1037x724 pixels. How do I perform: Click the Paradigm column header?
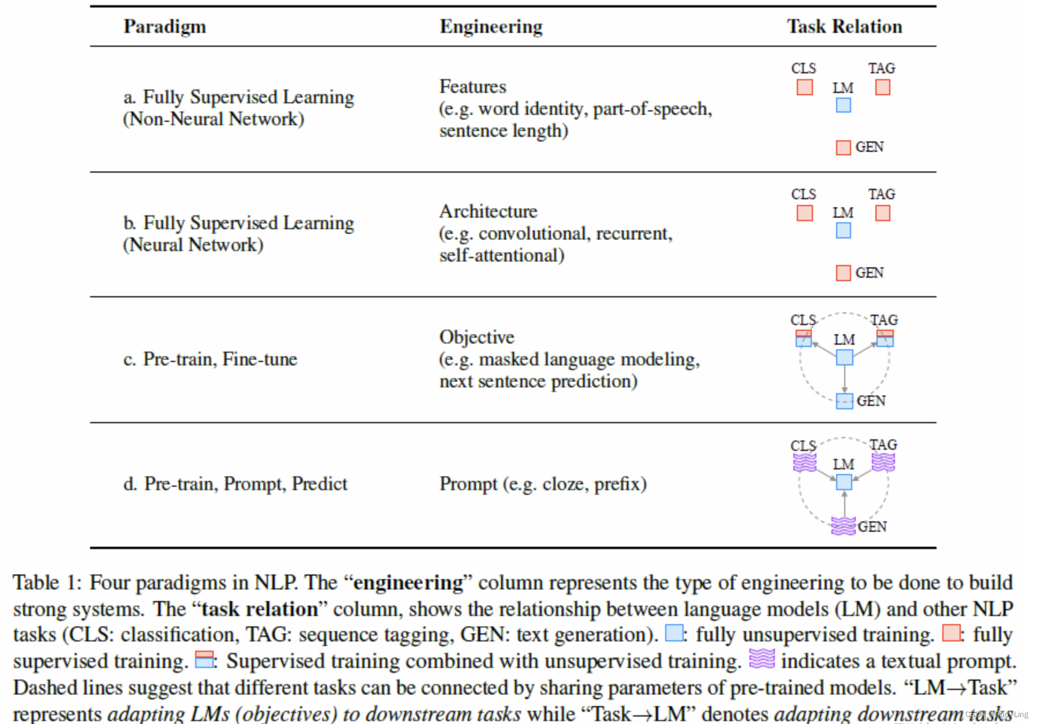165,27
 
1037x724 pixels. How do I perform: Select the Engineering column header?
491,27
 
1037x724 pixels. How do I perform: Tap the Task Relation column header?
844,27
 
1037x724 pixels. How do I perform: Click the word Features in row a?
472,87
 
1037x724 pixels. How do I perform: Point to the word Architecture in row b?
488,211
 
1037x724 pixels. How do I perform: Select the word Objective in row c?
476,337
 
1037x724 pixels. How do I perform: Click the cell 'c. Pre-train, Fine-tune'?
210,359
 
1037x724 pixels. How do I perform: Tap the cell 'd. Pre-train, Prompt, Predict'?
235,484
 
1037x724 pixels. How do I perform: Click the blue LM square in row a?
843,105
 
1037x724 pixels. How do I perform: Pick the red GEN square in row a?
843,148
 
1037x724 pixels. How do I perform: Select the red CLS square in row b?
804,213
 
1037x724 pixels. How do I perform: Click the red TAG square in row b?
882,213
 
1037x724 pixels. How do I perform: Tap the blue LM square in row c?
844,357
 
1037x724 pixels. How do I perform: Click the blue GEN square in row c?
844,401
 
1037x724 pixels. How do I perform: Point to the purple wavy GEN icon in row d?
843,526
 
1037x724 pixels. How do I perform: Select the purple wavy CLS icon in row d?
804,462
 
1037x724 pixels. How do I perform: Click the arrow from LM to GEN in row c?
844,380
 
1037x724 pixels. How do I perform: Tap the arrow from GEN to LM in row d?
844,503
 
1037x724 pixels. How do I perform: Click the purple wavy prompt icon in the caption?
762,658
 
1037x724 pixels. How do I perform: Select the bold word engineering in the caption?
408,583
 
